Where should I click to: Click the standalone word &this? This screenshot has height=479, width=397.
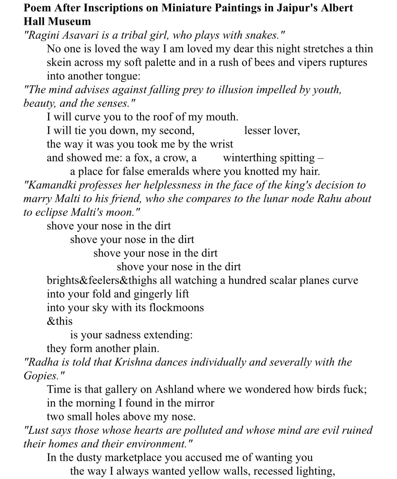click(60, 321)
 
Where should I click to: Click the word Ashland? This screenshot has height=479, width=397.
click(176, 389)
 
